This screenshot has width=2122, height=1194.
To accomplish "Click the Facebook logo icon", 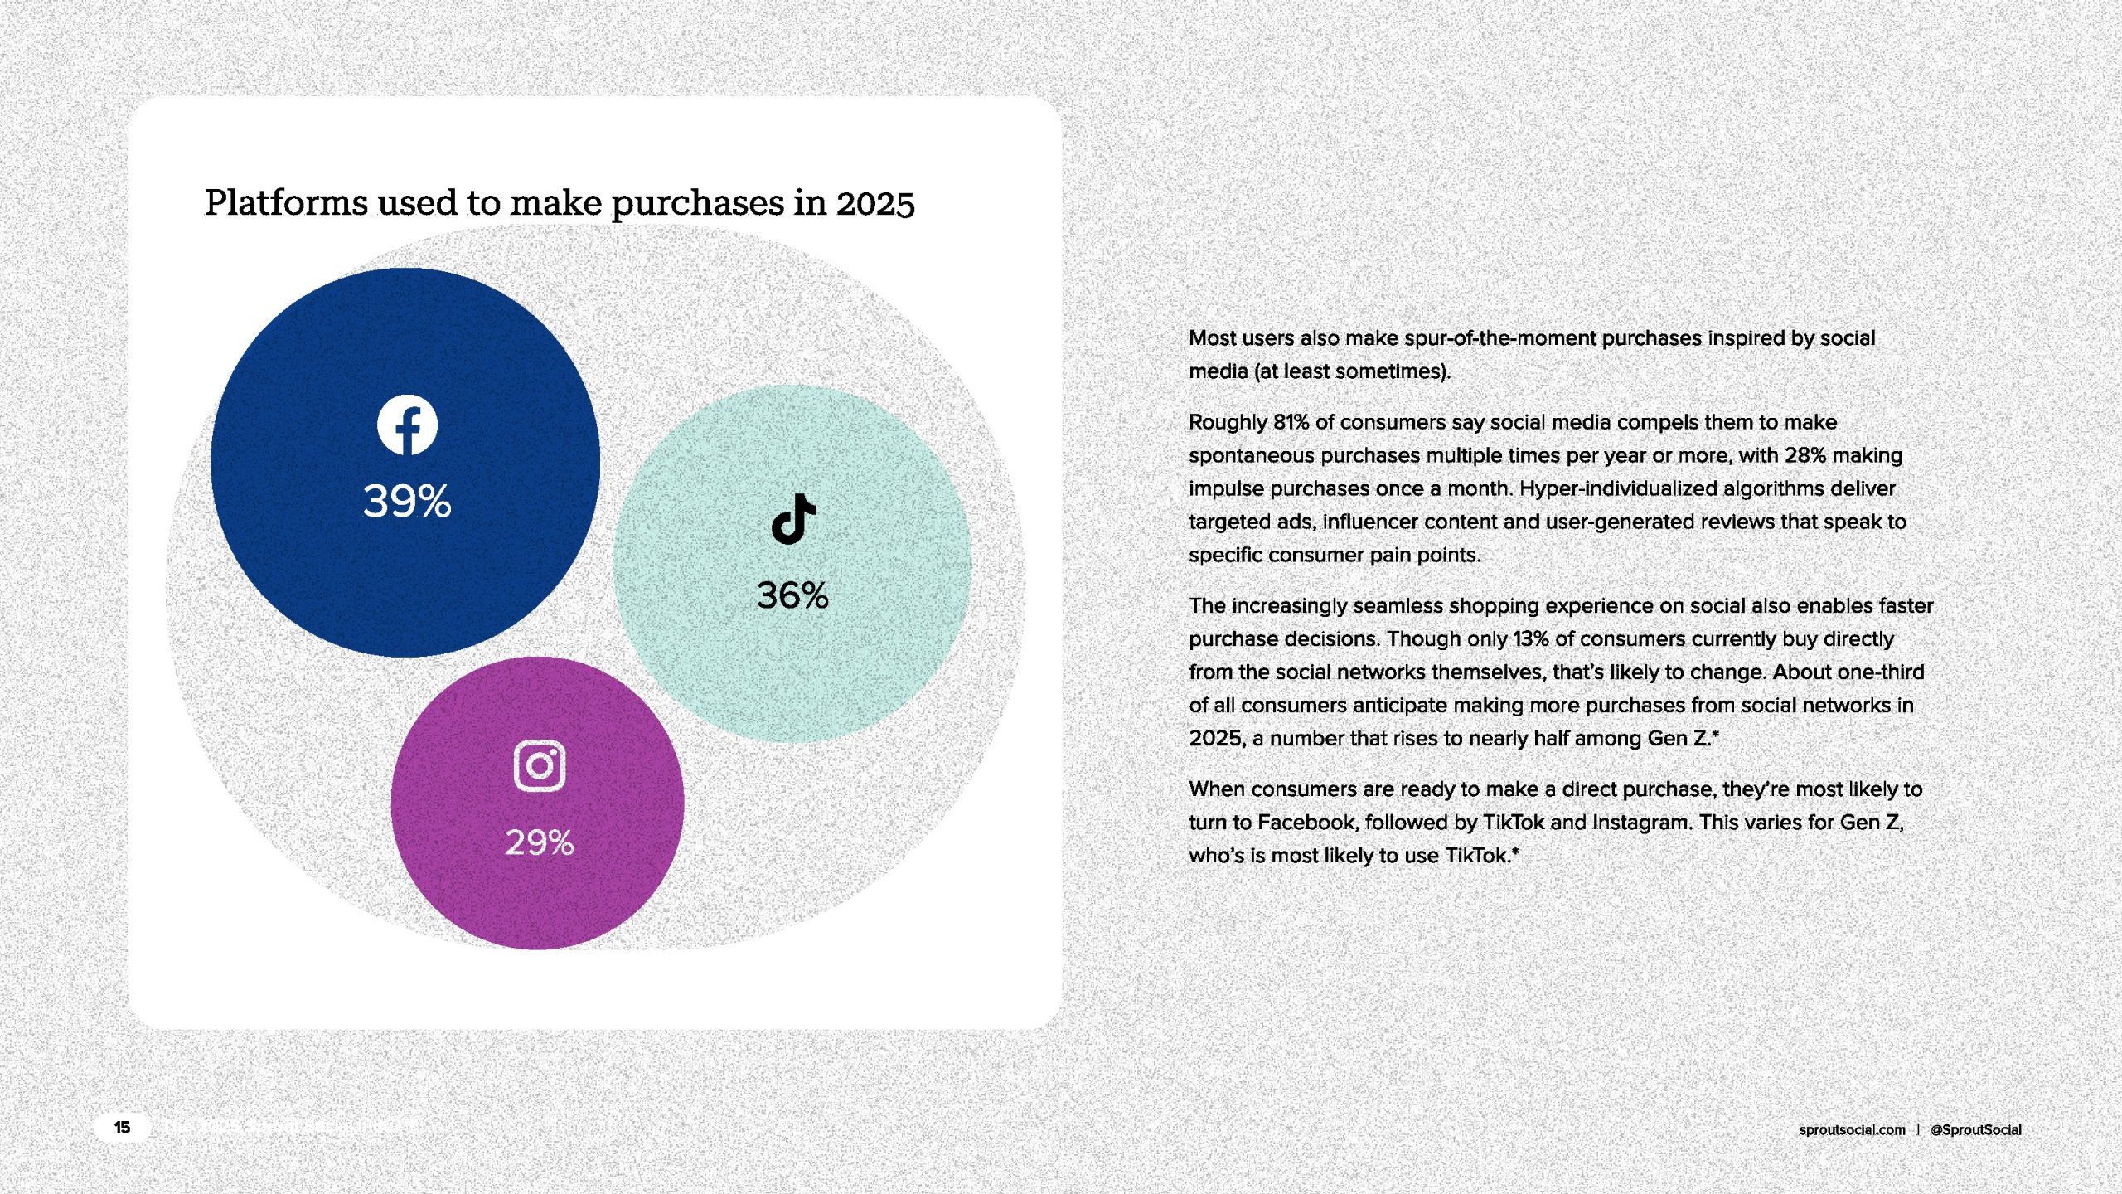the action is coord(407,425).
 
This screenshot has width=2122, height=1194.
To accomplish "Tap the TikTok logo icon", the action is coord(793,519).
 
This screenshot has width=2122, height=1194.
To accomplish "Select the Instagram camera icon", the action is coord(540,765).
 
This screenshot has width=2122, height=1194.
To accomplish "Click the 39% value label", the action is coord(407,502).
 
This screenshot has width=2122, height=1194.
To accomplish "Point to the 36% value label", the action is coord(792,595).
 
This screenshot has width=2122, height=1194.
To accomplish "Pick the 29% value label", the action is coord(540,842).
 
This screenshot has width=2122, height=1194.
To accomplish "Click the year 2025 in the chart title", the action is coord(875,203).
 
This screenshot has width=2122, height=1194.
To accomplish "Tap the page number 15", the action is coord(122,1128).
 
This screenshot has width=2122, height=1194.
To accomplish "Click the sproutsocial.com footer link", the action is coord(1852,1130).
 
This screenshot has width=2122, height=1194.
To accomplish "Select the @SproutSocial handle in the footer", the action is coord(1976,1130).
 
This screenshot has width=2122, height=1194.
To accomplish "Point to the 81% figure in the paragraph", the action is coord(1291,422).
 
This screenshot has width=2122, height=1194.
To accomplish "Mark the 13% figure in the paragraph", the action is coord(1531,639).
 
